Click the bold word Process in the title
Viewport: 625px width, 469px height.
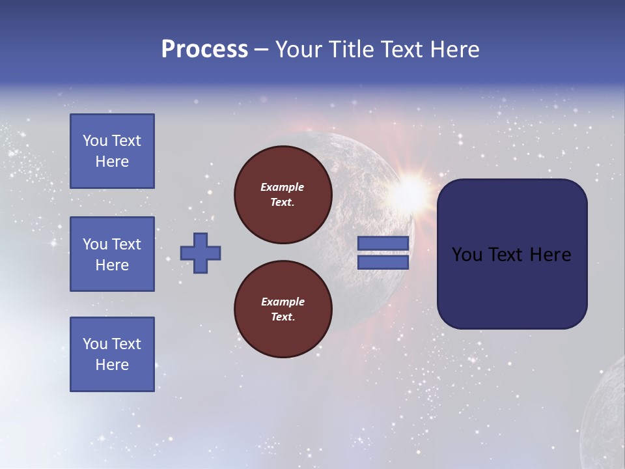tap(204, 50)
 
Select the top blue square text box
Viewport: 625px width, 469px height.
tap(112, 151)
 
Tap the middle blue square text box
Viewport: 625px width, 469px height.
tap(112, 254)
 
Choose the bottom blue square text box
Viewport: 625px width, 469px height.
tap(112, 354)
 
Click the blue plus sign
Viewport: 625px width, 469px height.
tap(201, 253)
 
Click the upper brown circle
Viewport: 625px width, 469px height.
tap(283, 195)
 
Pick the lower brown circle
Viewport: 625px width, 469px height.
tap(283, 309)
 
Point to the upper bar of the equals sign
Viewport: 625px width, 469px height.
tap(383, 243)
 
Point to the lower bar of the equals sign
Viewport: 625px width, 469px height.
tap(383, 262)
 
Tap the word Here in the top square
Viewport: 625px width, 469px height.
tap(112, 162)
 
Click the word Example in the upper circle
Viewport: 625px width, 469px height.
tap(283, 187)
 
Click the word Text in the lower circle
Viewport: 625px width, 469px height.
tap(283, 317)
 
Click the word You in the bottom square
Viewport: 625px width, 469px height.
tap(95, 344)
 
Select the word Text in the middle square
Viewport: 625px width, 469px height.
tap(126, 244)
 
